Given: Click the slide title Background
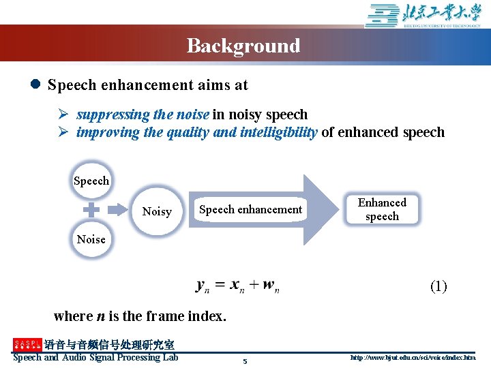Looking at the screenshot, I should click(243, 46).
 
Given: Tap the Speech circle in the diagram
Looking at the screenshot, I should click(91, 181).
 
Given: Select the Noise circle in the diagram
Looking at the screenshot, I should click(91, 239).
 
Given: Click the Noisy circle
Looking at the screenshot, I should click(157, 211).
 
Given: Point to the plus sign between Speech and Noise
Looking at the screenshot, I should click(91, 211).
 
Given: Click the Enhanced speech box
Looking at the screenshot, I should click(382, 209).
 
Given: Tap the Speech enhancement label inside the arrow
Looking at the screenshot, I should click(250, 210).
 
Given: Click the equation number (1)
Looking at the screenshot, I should click(438, 286).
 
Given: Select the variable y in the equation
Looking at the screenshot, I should click(202, 286).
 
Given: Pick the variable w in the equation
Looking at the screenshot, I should click(269, 286).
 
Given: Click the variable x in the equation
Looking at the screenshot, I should click(235, 286).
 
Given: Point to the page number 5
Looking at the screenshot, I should click(245, 361).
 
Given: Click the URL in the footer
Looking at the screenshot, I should click(413, 357).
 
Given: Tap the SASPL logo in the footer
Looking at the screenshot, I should click(27, 345).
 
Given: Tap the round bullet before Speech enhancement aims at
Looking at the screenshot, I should click(35, 85).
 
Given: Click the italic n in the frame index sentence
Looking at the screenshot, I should click(100, 316).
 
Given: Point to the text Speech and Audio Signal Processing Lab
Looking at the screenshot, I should click(95, 357).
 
